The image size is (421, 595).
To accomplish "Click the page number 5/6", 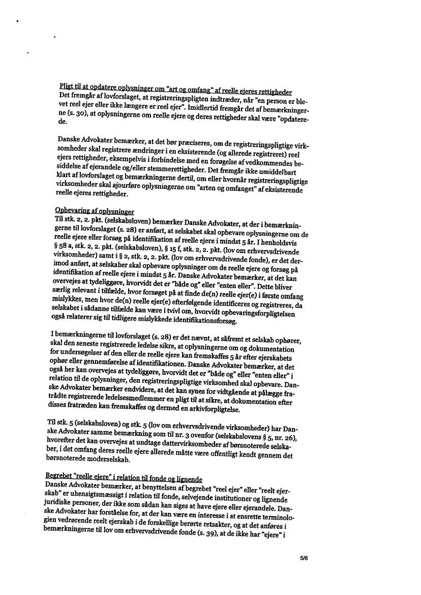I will click(305, 558).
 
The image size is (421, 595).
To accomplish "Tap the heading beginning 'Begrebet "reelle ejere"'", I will click(124, 479).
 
